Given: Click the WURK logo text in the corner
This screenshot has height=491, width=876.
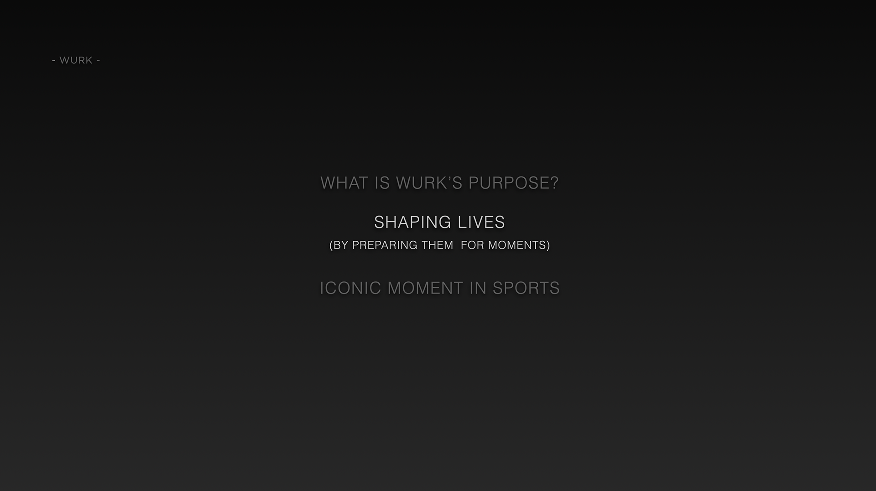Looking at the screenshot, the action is tap(76, 60).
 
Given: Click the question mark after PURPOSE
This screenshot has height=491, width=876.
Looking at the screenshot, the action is tap(554, 183).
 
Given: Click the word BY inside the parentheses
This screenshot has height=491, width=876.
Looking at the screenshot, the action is tap(341, 245).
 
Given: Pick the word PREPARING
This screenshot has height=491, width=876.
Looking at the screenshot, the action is tap(385, 245).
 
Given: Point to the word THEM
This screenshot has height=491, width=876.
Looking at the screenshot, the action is tap(438, 245).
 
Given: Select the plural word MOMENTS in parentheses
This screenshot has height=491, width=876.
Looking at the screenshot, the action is tap(517, 245).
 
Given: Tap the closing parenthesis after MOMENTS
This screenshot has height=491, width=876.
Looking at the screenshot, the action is tap(548, 245).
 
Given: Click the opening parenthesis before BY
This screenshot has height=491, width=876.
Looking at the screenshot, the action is tap(331, 245).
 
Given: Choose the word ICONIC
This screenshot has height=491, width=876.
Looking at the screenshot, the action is tap(350, 288).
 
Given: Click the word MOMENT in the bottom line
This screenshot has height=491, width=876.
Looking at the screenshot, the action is tap(426, 288).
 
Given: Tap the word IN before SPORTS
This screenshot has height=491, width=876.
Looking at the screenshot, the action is tap(478, 288).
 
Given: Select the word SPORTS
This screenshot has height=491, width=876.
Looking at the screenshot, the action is tap(526, 288).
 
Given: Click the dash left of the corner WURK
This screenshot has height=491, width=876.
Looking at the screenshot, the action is tap(54, 61).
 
